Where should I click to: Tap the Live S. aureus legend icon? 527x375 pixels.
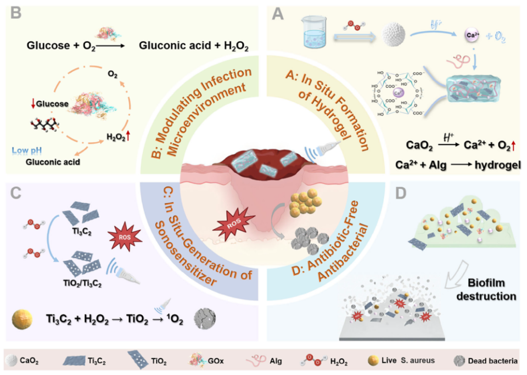pyautogui.click(x=373, y=361)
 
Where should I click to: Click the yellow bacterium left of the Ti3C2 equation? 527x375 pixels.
pyautogui.click(x=23, y=318)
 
